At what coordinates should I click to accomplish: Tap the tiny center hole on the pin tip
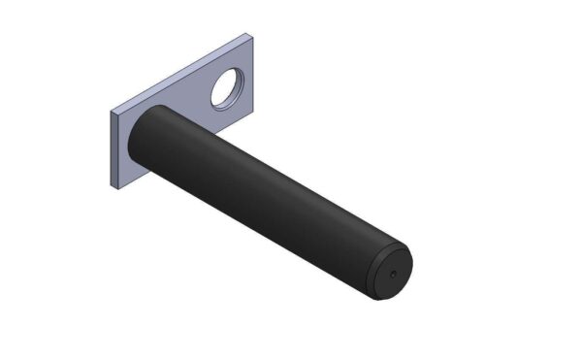392,274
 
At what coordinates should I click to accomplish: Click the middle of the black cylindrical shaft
267,199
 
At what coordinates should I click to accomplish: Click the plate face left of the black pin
125,146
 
